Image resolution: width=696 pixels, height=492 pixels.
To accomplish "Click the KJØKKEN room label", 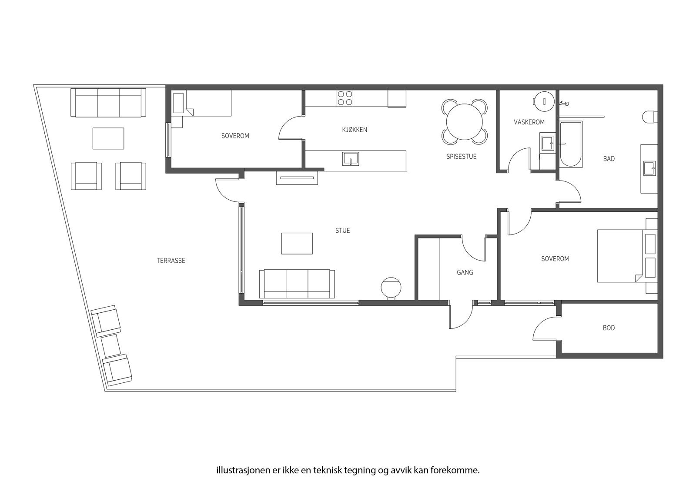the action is coord(355,130).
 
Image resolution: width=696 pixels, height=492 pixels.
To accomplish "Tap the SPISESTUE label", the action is coord(461,157).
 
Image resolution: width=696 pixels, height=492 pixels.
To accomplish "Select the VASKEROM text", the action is coord(529,122).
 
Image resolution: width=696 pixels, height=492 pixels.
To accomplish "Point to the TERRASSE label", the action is coord(171,261).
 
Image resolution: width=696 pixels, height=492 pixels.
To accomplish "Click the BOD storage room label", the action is coord(609,328).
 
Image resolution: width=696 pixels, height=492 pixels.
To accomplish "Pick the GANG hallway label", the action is coord(465,273).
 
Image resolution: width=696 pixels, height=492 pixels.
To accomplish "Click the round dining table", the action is coord(465,122).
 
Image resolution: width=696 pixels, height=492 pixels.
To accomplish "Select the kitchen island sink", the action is coord(351,159).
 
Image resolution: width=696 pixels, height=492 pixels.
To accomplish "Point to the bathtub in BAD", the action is coord(571,144).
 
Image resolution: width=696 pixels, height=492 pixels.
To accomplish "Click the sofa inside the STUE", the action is coord(297,284).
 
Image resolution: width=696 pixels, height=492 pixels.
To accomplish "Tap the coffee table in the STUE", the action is coord(297,243).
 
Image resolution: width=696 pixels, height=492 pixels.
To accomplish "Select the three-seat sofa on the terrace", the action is coord(108,103).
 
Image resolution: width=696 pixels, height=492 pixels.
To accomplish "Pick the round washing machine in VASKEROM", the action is coord(544,101).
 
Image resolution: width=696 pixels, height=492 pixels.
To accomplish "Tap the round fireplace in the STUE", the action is coord(391,288).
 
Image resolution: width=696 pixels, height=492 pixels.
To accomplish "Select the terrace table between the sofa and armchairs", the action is coord(108,138).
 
